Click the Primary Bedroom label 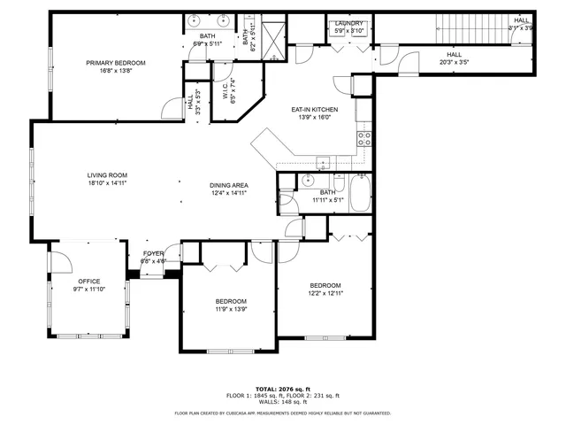coord(116,63)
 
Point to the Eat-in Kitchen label coord(315,110)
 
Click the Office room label coord(88,281)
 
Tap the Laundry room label coord(347,24)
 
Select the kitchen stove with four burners coord(363,138)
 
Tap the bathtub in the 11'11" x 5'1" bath coord(359,194)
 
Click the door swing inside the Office coord(58,263)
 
